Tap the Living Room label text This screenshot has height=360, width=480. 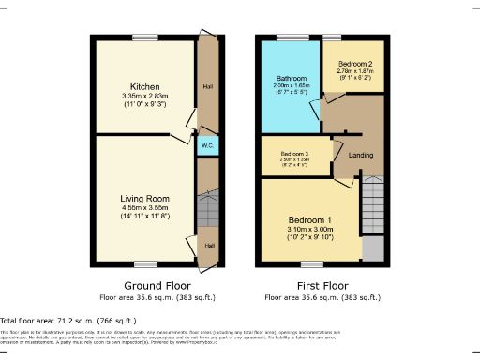coord(143,198)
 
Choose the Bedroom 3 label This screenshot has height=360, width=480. coord(294,154)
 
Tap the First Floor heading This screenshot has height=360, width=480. coord(322,285)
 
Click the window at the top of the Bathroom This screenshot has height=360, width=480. coord(286,38)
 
